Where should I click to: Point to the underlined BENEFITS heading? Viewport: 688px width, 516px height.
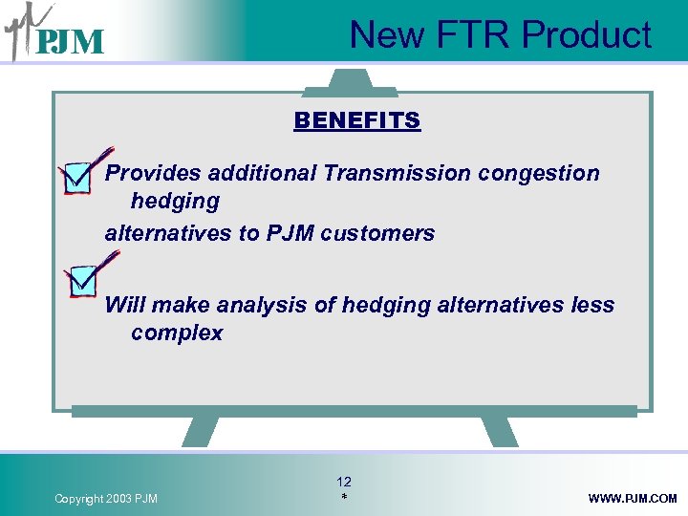(x=356, y=121)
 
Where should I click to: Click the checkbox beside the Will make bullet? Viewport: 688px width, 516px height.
(x=82, y=279)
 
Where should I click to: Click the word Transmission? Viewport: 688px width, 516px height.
(x=397, y=174)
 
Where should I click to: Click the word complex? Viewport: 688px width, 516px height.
(x=177, y=333)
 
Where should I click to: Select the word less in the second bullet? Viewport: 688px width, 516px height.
(x=592, y=306)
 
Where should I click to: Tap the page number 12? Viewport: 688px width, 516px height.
(x=344, y=483)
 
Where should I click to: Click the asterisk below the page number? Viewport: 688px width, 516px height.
(x=344, y=499)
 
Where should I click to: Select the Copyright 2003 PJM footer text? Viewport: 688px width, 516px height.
(x=106, y=499)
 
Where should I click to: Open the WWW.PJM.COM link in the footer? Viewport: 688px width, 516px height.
(x=633, y=499)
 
